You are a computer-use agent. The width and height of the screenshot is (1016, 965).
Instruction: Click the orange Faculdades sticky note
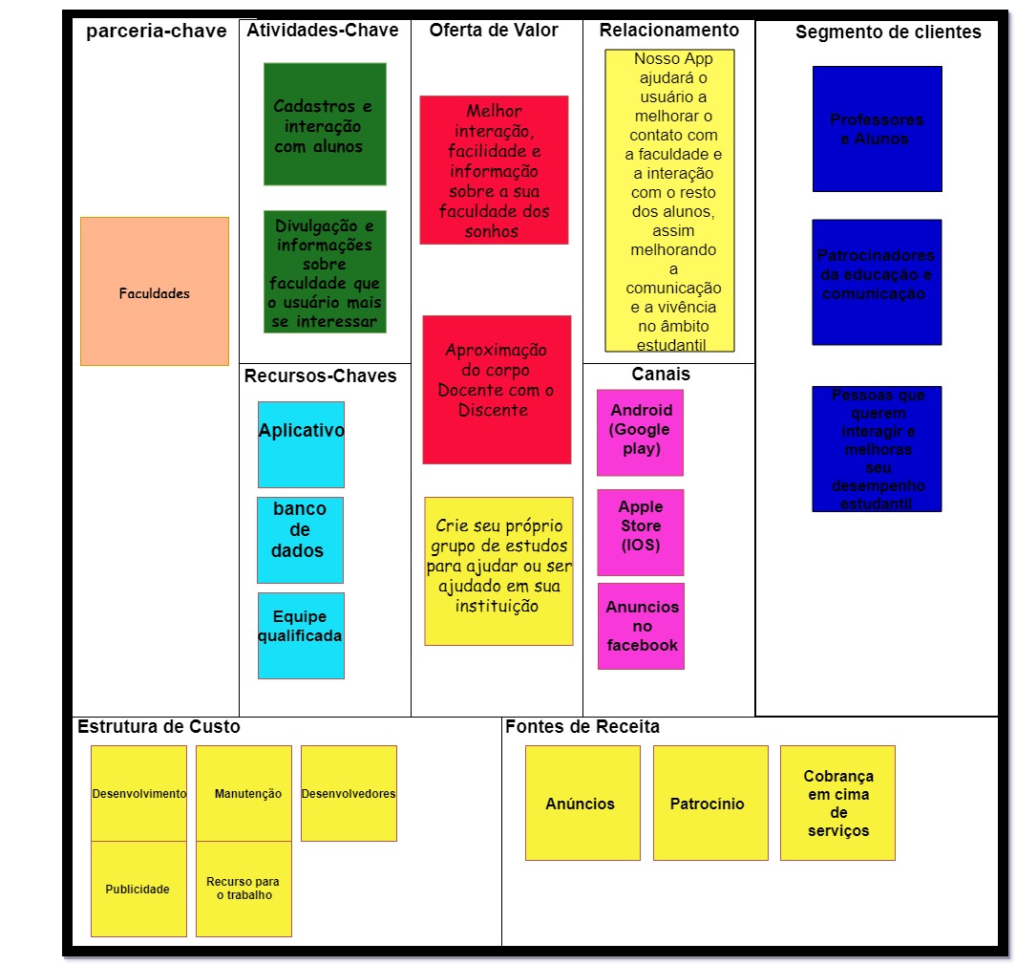[x=154, y=291]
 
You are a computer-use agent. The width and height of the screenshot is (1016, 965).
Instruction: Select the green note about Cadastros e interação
[x=325, y=124]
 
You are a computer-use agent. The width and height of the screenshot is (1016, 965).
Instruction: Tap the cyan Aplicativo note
[x=301, y=444]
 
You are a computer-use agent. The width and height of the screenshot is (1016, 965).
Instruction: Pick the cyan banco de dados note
[x=300, y=540]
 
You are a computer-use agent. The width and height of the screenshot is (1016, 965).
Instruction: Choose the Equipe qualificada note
[x=301, y=635]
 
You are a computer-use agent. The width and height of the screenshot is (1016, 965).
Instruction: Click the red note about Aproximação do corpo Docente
[x=497, y=389]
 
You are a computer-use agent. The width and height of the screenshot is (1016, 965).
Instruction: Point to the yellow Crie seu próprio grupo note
[x=498, y=570]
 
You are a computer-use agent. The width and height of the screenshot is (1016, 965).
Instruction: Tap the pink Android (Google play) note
[x=640, y=432]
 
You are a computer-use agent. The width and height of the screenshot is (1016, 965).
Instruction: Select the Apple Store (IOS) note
[x=640, y=532]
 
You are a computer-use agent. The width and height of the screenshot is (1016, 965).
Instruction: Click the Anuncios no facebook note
[x=641, y=626]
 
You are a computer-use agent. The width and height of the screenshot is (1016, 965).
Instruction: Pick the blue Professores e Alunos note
[x=877, y=129]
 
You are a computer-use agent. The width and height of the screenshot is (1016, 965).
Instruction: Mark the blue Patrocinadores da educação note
[x=877, y=282]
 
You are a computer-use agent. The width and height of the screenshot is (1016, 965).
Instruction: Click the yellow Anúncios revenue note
[x=582, y=803]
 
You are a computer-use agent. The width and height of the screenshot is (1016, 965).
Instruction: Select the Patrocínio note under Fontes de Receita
[x=709, y=803]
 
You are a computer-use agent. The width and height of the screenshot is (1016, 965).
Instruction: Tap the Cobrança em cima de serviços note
[x=837, y=803]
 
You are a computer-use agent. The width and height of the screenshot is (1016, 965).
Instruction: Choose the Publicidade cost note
[x=138, y=889]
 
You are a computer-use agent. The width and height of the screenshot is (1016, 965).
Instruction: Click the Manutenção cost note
[x=243, y=793]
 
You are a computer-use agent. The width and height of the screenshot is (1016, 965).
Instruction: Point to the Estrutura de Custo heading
[x=159, y=727]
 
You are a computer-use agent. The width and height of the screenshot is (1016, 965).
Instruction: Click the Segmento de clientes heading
[x=888, y=32]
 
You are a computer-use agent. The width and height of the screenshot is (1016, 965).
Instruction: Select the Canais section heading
[x=661, y=374]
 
